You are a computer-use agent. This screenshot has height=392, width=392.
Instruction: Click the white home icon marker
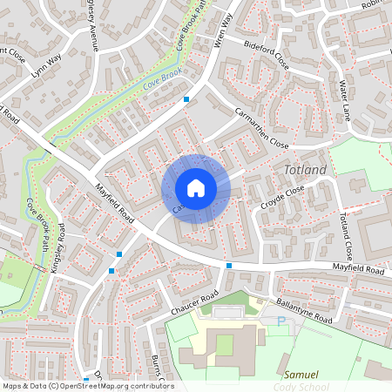click(x=195, y=188)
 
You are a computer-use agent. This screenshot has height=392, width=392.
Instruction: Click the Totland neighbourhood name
click(x=306, y=168)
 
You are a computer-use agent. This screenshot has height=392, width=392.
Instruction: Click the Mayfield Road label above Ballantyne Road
click(x=357, y=271)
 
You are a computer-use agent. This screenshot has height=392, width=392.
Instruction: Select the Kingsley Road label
click(x=58, y=247)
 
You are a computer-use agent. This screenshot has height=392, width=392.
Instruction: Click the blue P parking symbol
click(x=281, y=321)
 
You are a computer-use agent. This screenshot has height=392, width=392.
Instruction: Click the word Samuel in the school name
click(x=302, y=374)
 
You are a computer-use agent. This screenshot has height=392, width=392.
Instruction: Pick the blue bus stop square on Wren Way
click(x=186, y=100)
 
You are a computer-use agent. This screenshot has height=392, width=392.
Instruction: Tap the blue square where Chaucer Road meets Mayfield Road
click(x=228, y=265)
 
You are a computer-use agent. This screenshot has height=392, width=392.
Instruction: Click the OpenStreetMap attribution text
click(x=87, y=385)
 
